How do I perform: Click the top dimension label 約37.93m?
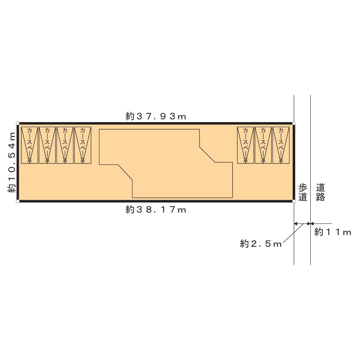(156, 116)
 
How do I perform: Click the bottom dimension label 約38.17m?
(156, 210)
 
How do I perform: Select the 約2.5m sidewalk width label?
(261, 244)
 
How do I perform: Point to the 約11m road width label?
(333, 232)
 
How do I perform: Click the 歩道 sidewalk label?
(303, 192)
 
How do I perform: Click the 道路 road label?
(320, 192)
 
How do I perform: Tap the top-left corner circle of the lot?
(18, 123)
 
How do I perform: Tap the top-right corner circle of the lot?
(294, 123)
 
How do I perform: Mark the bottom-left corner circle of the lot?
(18, 201)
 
